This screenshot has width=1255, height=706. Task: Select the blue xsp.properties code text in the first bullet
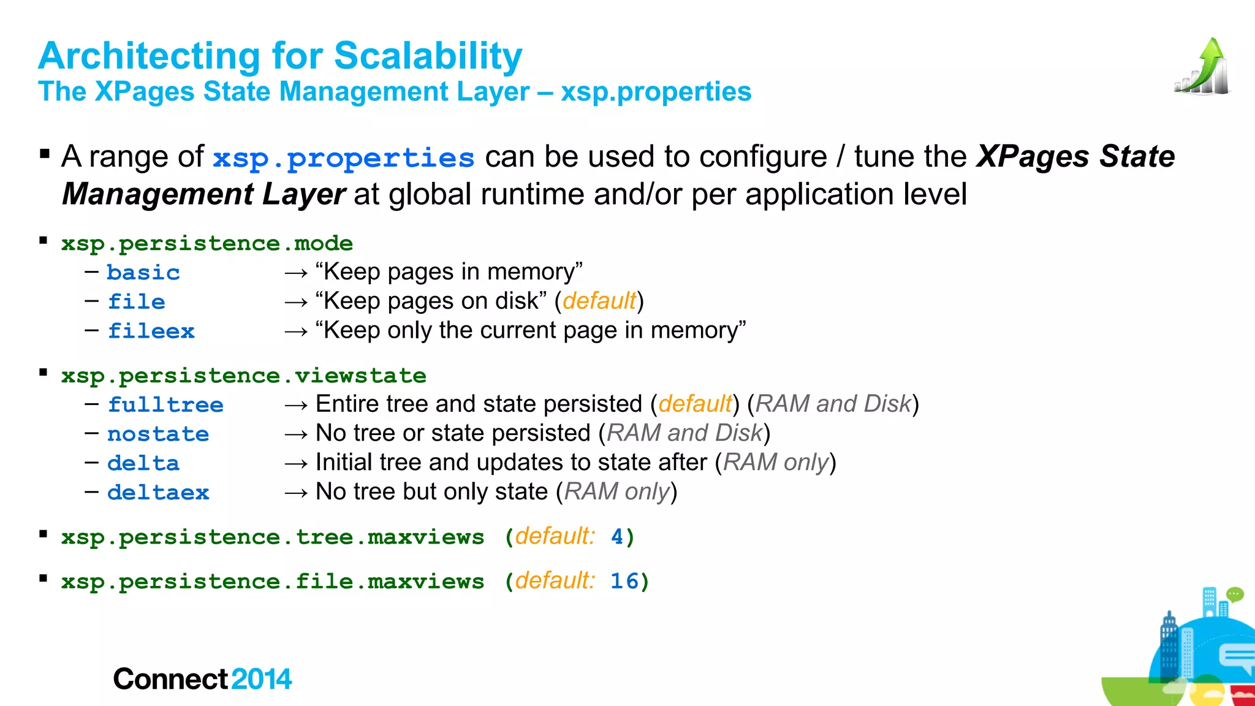(343, 158)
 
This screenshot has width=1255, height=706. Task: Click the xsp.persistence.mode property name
(207, 243)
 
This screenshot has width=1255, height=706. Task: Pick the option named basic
(143, 272)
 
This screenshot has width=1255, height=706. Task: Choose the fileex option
(151, 331)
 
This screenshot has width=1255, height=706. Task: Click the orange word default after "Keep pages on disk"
(599, 301)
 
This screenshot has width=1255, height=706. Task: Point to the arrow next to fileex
(296, 332)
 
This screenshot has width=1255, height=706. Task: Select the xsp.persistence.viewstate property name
(243, 375)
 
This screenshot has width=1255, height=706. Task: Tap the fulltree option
(165, 404)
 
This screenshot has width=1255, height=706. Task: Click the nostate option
(158, 434)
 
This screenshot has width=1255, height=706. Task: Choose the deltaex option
(158, 492)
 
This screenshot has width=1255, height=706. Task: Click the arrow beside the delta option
(296, 463)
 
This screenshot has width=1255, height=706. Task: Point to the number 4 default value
(617, 537)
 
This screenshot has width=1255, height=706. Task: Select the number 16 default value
(624, 581)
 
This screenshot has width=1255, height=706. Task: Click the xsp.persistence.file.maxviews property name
(273, 581)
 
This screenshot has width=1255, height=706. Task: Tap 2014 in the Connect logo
(262, 679)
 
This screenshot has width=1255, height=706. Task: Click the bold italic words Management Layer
(203, 194)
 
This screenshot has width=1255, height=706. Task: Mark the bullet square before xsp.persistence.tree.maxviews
(44, 534)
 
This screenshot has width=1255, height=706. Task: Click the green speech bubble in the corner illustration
(1234, 594)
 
